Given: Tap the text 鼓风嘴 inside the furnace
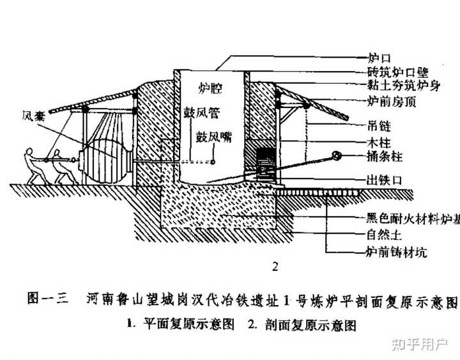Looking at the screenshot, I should (213, 136).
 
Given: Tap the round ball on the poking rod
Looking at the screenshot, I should (335, 155).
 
